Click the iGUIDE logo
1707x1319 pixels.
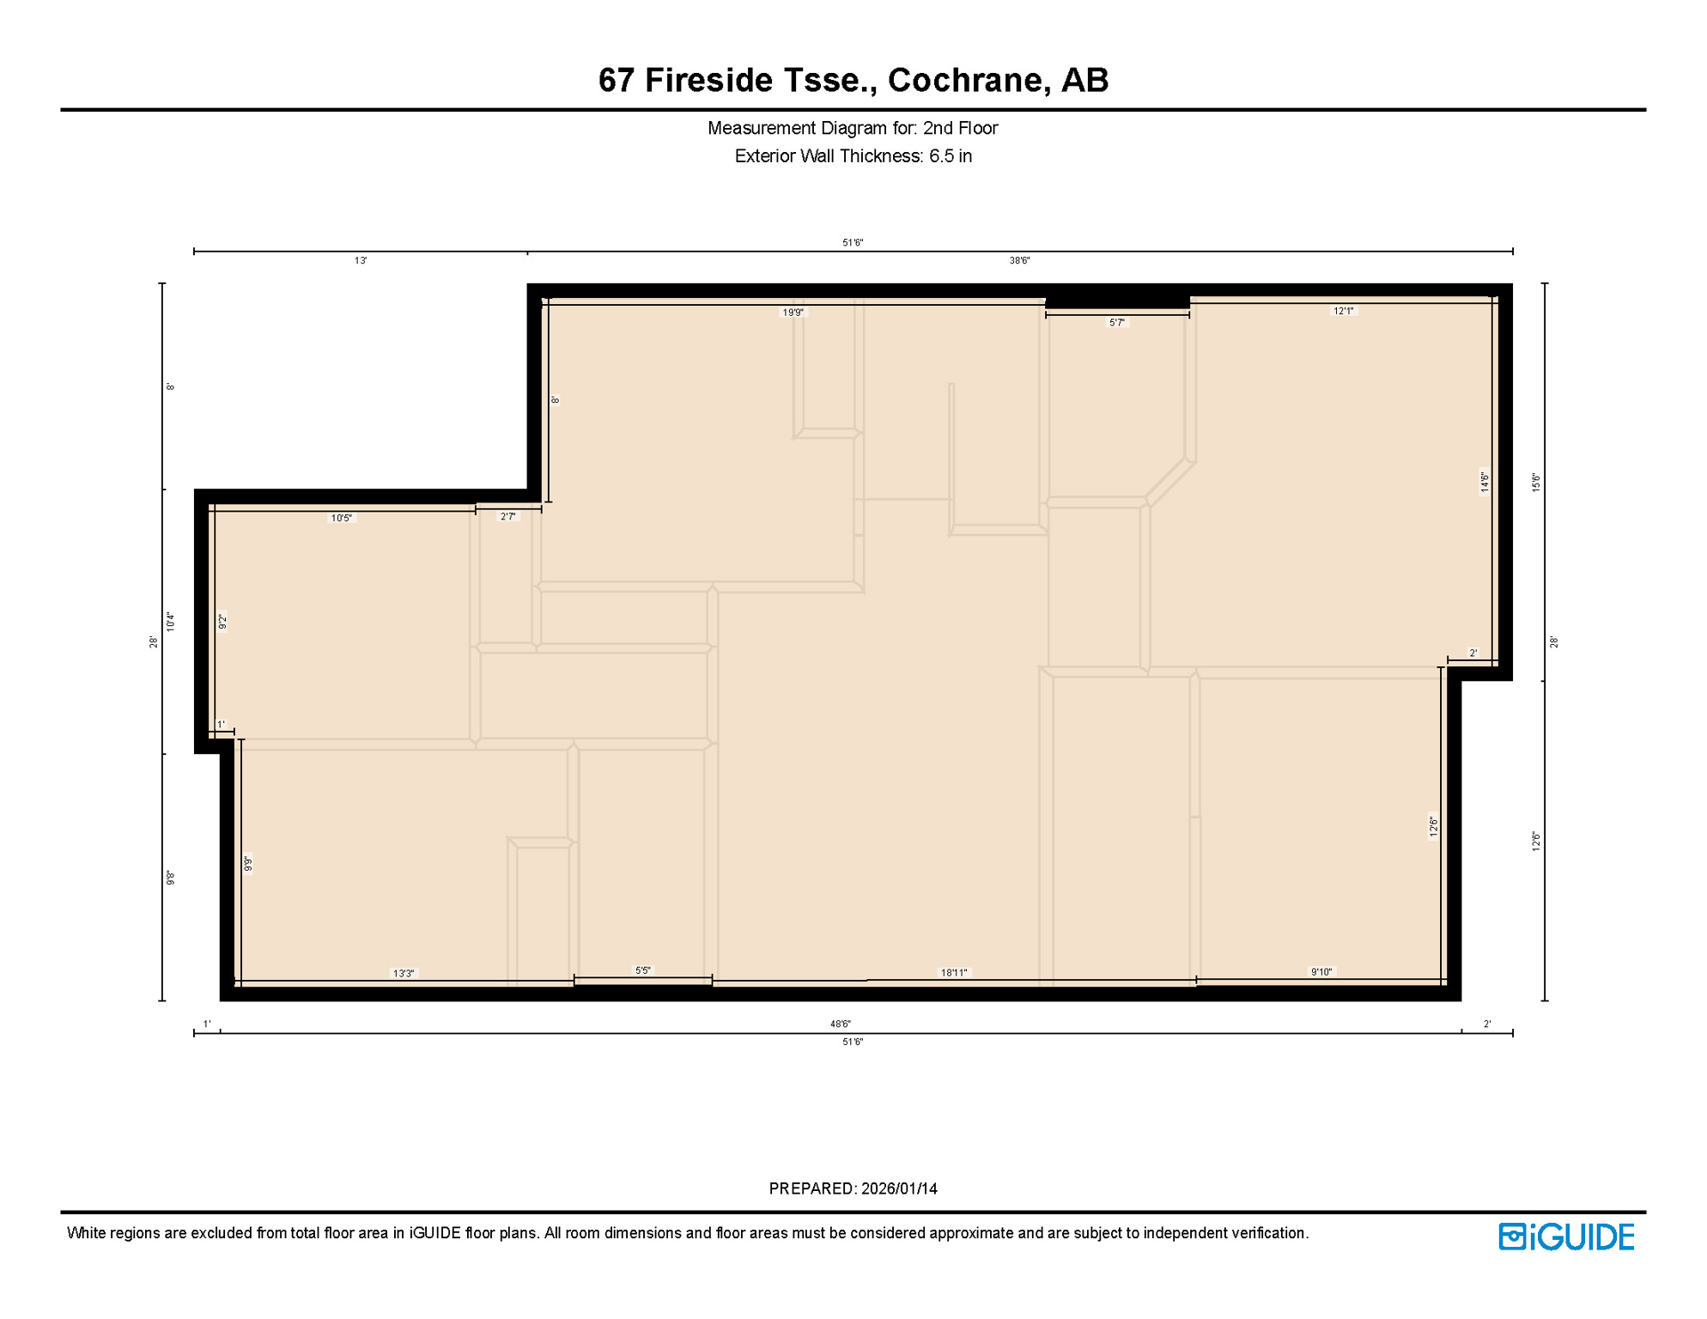click(x=1566, y=1237)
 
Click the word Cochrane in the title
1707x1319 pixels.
click(x=965, y=80)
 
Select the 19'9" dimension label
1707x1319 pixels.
click(x=793, y=313)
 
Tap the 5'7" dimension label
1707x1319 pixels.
click(x=1116, y=323)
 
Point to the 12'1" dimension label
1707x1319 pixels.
click(x=1343, y=311)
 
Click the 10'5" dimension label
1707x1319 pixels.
click(x=342, y=518)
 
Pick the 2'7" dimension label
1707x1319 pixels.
click(x=508, y=517)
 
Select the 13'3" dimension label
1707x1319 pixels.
click(x=404, y=973)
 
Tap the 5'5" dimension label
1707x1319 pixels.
click(x=642, y=970)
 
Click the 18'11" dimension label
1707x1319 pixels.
click(x=953, y=973)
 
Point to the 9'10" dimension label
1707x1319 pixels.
click(x=1321, y=972)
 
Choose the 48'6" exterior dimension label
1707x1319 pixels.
click(x=840, y=1024)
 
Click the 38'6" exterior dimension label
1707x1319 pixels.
click(x=1019, y=260)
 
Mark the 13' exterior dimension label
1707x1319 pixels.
click(x=361, y=260)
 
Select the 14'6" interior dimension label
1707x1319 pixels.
click(x=1485, y=482)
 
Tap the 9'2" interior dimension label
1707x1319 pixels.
click(x=222, y=622)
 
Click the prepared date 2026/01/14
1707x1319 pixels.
click(x=899, y=1188)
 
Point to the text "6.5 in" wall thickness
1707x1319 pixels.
click(x=950, y=156)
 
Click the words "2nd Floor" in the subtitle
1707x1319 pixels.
click(x=960, y=128)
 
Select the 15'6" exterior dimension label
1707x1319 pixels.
click(x=1536, y=482)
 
